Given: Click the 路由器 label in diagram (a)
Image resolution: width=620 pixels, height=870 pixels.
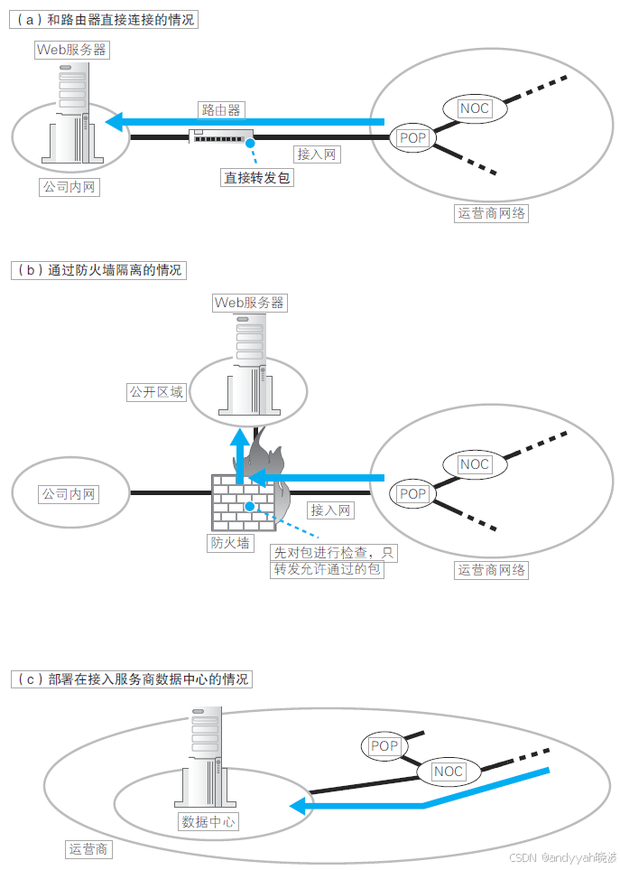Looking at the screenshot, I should (x=221, y=109).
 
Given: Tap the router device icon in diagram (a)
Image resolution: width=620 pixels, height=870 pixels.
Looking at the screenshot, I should (x=221, y=137).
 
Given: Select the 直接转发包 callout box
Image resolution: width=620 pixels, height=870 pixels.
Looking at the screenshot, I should (x=257, y=178).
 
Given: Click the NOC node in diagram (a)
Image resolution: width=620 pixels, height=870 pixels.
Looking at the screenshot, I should (x=475, y=108).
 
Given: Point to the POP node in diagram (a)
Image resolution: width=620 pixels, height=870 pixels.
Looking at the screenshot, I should (x=412, y=138).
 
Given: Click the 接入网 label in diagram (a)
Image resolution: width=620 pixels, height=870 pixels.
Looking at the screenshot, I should (x=317, y=154).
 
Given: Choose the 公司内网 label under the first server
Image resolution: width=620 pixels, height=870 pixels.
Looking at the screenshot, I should (x=69, y=187).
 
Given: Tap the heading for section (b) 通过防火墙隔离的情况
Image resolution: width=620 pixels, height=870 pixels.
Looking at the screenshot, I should (x=98, y=269).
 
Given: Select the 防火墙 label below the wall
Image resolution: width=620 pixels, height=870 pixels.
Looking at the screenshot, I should (x=230, y=543).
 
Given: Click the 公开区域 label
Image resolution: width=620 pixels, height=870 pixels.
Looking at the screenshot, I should (x=156, y=392).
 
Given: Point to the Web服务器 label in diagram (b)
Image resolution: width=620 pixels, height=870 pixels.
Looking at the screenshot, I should (x=249, y=303).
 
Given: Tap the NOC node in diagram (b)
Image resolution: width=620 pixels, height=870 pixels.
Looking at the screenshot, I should (x=475, y=464).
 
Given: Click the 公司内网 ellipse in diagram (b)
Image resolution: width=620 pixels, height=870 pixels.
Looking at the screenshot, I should (x=69, y=494).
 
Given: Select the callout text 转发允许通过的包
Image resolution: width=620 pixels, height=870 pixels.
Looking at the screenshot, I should (x=328, y=570).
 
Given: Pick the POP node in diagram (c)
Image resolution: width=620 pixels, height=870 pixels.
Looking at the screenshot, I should (x=384, y=746).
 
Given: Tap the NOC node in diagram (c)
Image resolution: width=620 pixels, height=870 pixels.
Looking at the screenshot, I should (x=449, y=772).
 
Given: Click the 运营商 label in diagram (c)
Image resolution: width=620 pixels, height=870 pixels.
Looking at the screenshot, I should (x=88, y=849).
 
